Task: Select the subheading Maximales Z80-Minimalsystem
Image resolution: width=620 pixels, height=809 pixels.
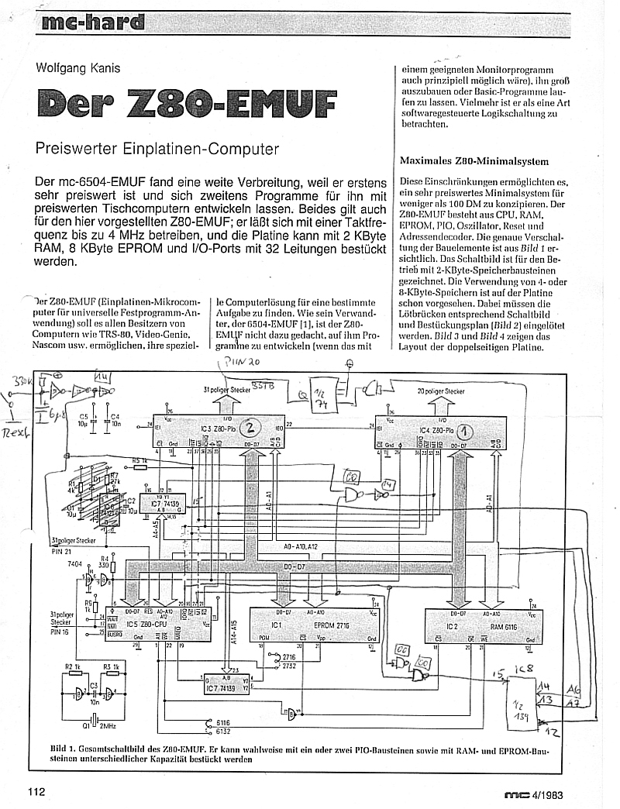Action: tap(474, 161)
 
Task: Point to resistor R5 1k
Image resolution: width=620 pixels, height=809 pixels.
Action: tap(139, 461)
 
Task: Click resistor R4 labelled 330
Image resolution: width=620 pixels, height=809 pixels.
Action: tap(105, 561)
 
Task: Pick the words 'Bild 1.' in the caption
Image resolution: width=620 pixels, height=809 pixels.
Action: tap(63, 749)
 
